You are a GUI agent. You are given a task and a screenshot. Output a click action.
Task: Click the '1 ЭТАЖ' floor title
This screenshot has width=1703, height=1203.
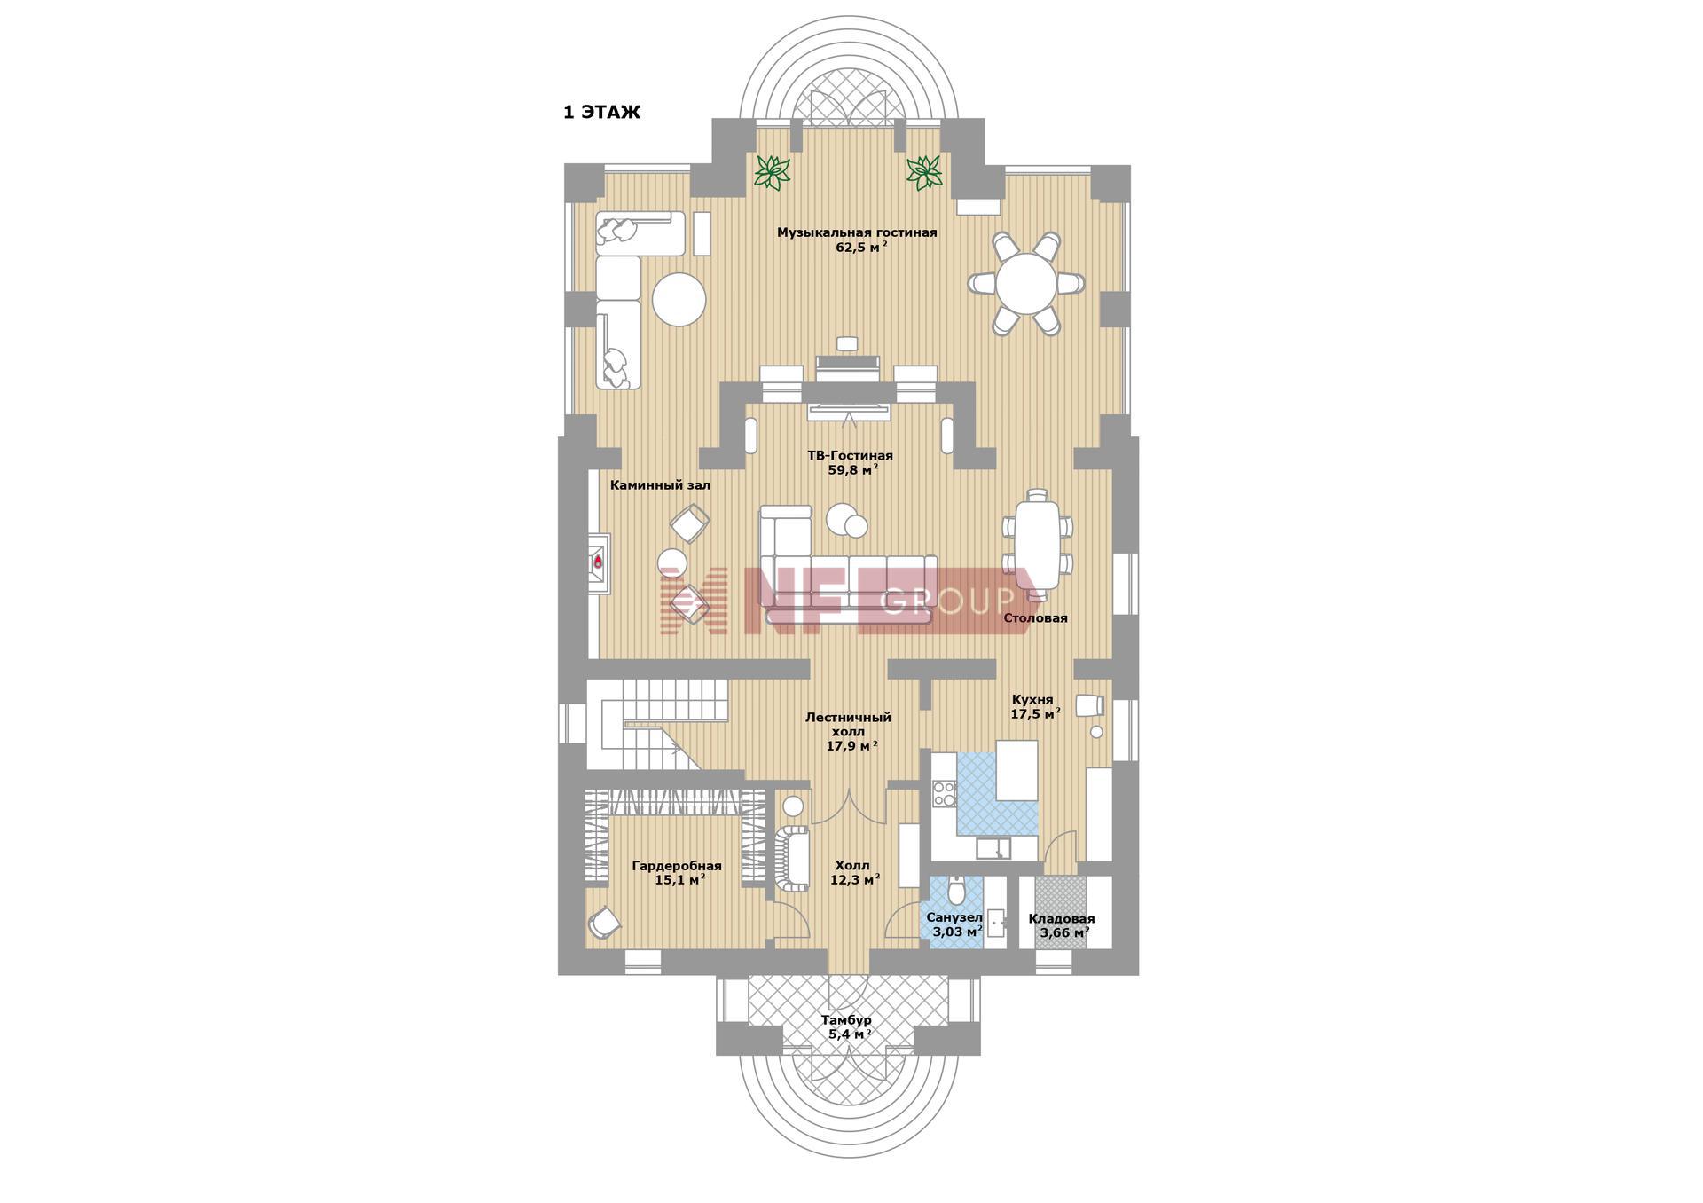(x=601, y=113)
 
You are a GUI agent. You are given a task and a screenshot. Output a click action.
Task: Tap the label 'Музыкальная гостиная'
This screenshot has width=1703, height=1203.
(x=857, y=232)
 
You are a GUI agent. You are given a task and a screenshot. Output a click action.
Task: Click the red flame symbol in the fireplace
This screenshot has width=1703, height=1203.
(x=598, y=562)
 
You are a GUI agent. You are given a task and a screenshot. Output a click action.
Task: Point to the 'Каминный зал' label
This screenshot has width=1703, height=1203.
(x=660, y=485)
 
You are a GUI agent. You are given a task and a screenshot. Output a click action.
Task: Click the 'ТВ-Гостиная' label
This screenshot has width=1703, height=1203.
(x=850, y=455)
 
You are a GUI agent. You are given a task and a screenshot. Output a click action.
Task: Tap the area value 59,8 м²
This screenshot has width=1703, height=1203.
(x=853, y=470)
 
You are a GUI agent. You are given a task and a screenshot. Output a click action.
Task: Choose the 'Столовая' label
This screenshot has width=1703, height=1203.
(x=1035, y=617)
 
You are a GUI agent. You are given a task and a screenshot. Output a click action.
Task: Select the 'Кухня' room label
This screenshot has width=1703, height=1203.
(x=1032, y=699)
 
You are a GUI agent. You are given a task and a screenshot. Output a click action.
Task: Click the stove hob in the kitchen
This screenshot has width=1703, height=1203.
(x=944, y=793)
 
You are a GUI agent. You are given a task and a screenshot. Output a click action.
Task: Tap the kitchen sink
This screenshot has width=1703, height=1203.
(x=993, y=849)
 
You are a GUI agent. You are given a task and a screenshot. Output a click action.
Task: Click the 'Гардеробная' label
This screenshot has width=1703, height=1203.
(x=677, y=866)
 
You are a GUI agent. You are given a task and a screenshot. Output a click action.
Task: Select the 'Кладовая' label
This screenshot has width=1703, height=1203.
(x=1062, y=919)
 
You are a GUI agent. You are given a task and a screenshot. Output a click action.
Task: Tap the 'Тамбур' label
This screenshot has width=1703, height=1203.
(x=846, y=1020)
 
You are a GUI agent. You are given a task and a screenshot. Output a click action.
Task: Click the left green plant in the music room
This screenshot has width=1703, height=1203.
(x=773, y=172)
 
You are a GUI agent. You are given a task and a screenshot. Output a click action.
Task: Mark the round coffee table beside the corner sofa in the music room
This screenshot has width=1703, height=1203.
(x=679, y=300)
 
